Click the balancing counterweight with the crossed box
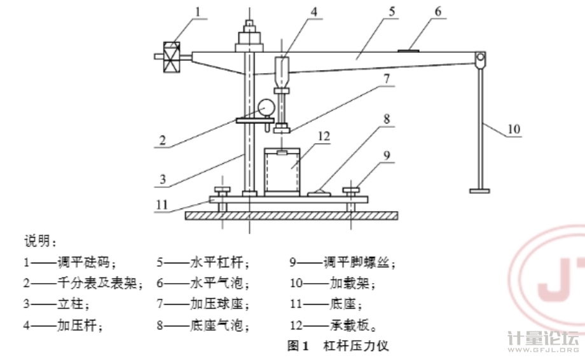point(171,56)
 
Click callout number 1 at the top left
point(198,11)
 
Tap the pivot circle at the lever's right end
point(480,60)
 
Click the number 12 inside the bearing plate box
point(324,135)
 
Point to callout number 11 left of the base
point(163,205)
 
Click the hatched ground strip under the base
point(292,216)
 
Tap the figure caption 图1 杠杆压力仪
point(338,347)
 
